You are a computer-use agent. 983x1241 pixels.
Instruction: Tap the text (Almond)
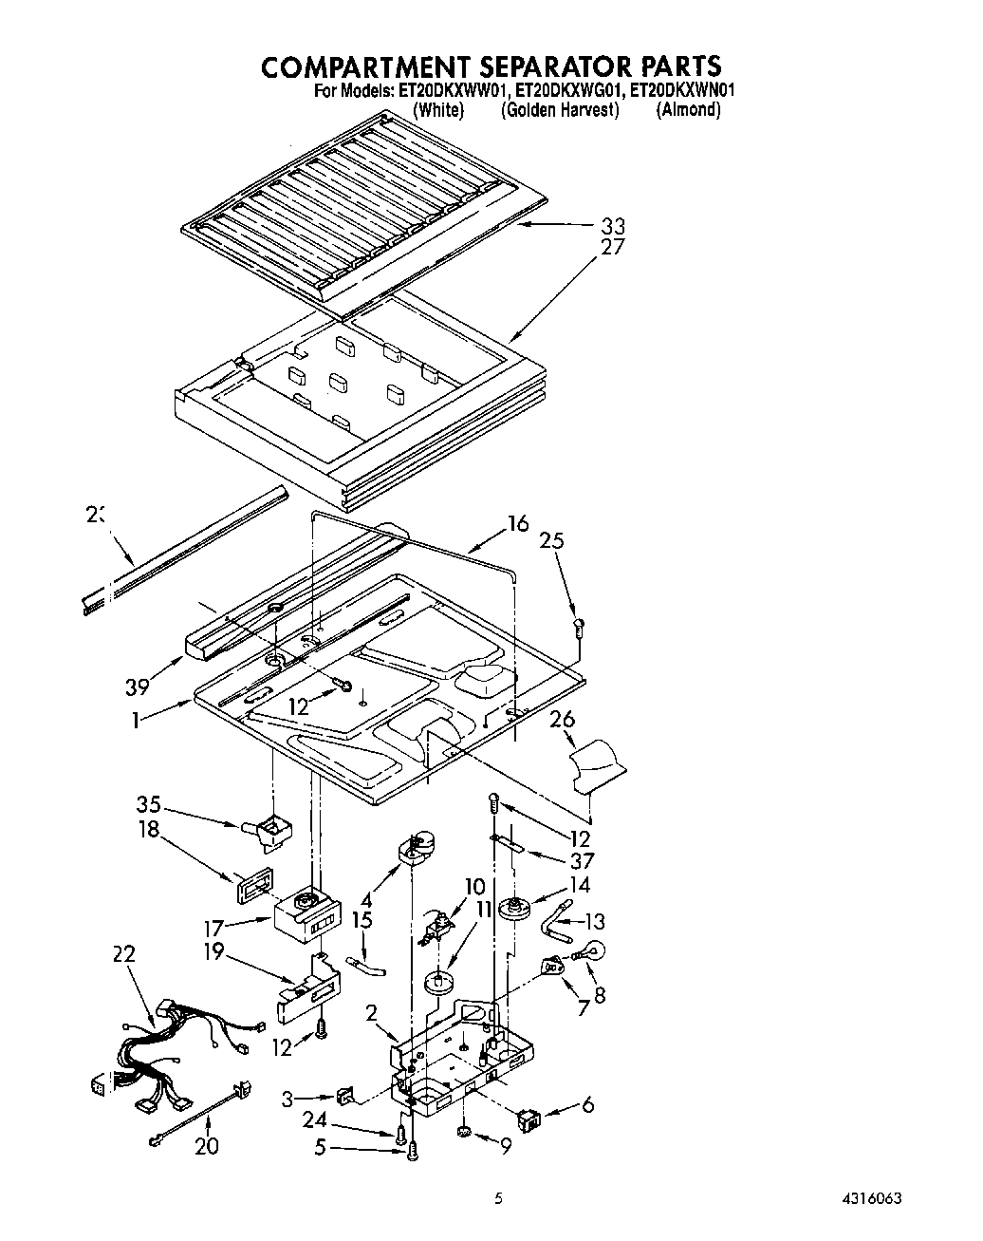[688, 110]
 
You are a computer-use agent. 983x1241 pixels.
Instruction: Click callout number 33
[612, 226]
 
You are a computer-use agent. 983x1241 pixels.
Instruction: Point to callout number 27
[612, 248]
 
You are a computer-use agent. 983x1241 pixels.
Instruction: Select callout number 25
[551, 541]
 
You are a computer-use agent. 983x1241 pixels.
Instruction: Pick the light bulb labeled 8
[593, 949]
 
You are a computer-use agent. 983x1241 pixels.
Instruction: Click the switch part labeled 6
[530, 1119]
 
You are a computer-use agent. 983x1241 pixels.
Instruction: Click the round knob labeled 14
[517, 908]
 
